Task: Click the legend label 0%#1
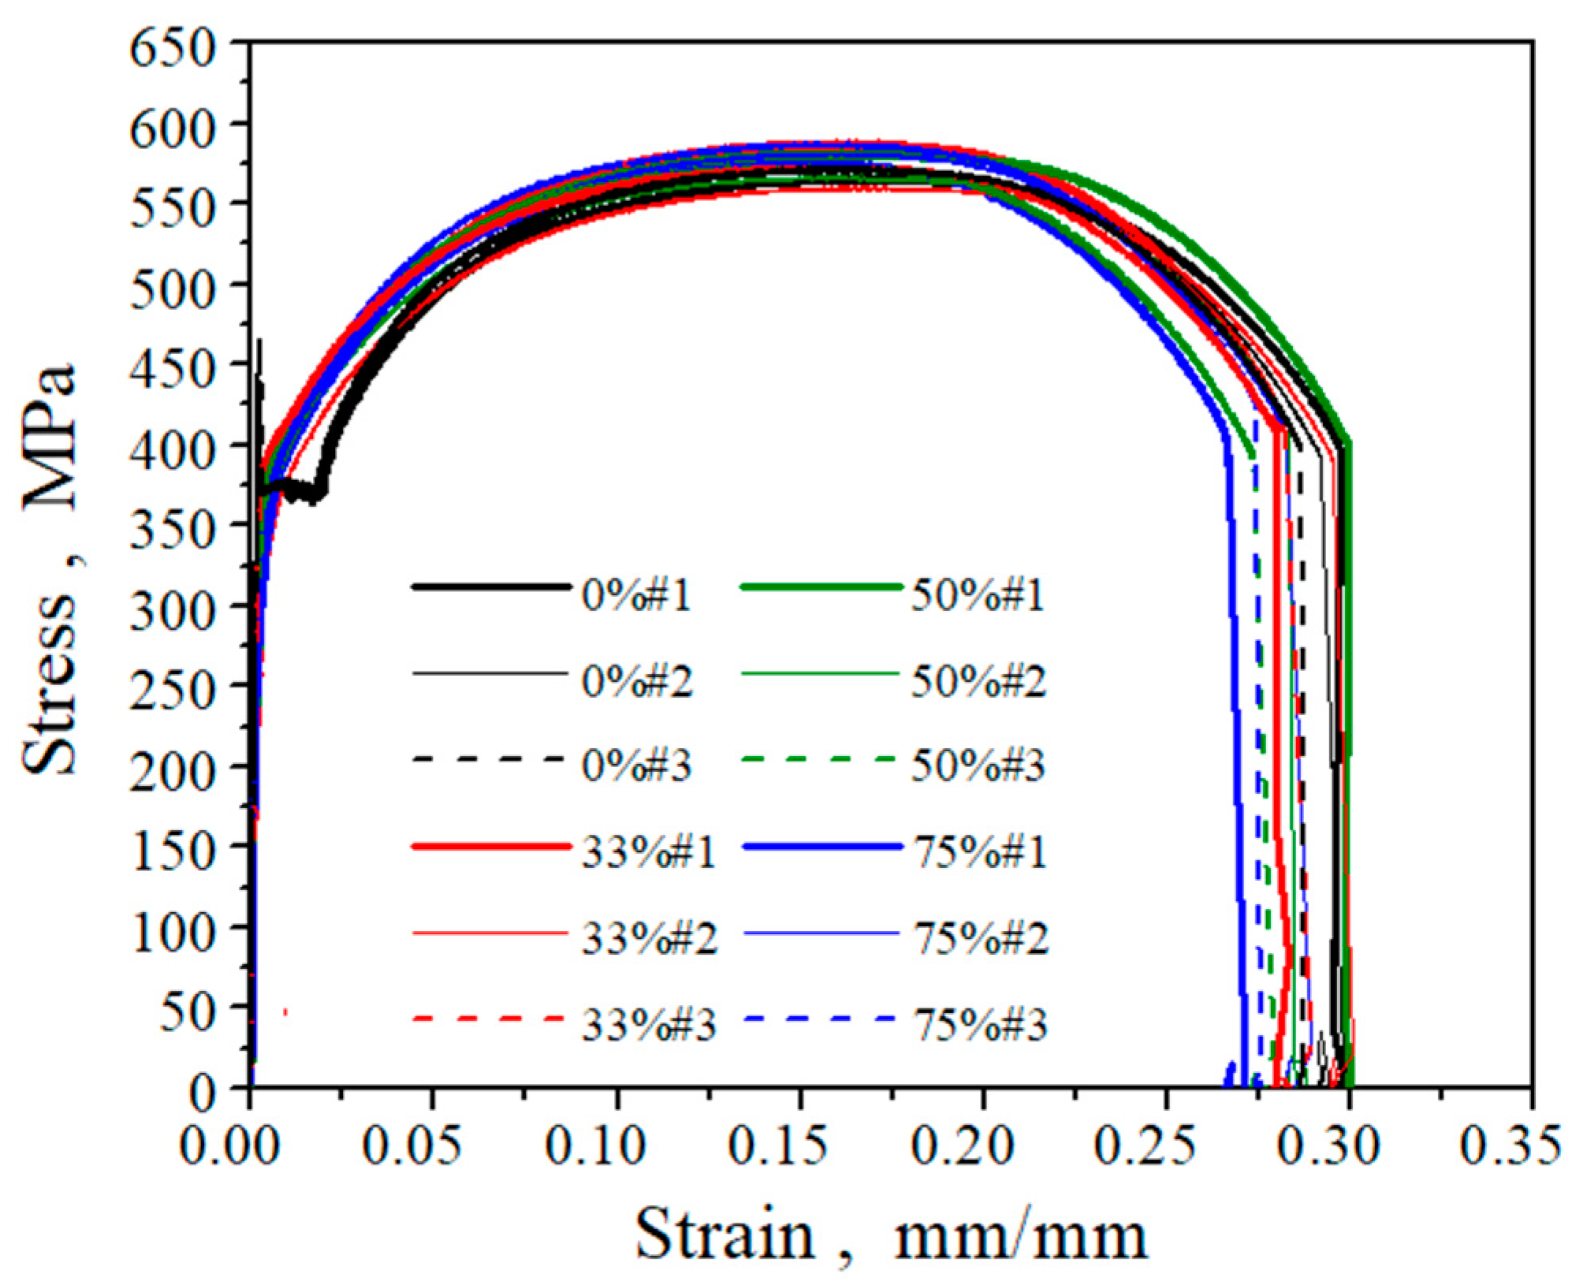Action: pos(635,595)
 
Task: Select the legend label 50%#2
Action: pos(978,681)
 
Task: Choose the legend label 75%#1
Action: pos(979,853)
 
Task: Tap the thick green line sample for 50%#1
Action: pos(820,587)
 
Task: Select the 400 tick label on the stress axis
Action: pos(173,451)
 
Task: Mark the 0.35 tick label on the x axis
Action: pos(1509,1145)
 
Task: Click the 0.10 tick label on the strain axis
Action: pos(595,1145)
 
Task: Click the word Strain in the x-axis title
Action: pos(724,1235)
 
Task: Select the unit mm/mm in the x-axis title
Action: pos(1020,1235)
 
